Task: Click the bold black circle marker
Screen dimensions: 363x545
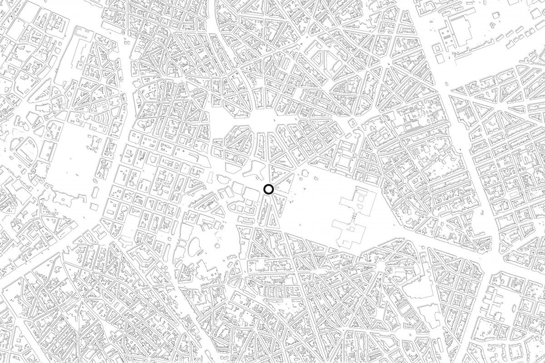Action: coord(268,190)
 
